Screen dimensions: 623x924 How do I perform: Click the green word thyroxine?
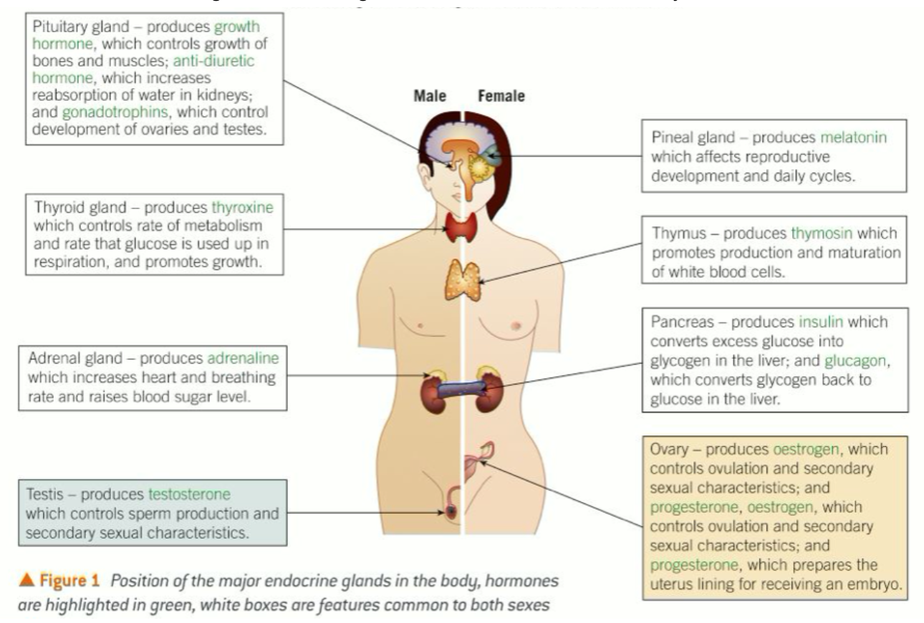point(242,208)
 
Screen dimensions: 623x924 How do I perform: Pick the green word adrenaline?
point(243,357)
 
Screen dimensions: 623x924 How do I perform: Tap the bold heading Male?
point(431,96)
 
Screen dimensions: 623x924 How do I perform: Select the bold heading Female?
point(501,96)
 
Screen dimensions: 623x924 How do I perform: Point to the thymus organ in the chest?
point(462,280)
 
